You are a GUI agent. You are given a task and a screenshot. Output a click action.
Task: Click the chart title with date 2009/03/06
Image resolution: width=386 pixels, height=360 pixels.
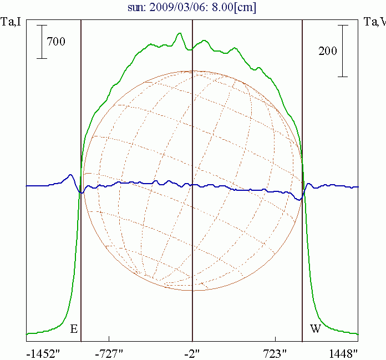point(192,8)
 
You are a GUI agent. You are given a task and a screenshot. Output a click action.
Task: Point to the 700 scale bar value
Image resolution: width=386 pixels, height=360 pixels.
point(56,41)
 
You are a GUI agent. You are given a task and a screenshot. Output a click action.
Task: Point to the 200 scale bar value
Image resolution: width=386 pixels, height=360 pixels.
point(328,51)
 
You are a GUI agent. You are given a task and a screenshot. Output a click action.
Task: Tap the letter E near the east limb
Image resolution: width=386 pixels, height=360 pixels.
point(73,329)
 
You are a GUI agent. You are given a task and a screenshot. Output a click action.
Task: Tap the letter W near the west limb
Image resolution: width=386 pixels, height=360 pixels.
point(315,329)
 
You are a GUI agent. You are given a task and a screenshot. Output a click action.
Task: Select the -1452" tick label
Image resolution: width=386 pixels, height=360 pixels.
point(43,352)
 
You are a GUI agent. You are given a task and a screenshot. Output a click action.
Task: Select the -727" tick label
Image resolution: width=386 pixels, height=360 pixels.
point(110,352)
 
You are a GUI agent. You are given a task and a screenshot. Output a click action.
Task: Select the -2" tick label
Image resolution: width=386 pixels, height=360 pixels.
point(192,352)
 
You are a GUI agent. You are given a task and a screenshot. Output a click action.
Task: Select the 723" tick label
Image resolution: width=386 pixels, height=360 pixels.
point(276,352)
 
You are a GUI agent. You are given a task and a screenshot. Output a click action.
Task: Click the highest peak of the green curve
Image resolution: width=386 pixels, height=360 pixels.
point(179,34)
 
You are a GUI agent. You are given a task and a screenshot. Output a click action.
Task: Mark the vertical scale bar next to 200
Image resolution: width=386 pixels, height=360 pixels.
point(344,50)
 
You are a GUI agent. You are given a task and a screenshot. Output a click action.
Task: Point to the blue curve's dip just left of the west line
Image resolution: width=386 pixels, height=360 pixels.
point(299,199)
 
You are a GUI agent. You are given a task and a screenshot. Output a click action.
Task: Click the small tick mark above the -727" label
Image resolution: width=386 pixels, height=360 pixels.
point(109,338)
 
